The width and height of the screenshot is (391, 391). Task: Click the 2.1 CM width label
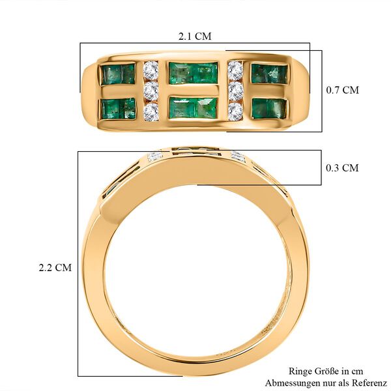(x=195, y=36)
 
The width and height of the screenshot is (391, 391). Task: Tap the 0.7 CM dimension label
(x=342, y=90)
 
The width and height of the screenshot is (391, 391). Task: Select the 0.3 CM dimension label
(x=342, y=168)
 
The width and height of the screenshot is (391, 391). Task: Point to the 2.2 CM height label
(x=55, y=267)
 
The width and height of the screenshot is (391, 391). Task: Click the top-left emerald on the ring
(x=118, y=74)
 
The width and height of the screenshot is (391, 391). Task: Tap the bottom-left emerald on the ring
(x=118, y=108)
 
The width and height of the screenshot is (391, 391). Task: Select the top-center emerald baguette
(x=193, y=73)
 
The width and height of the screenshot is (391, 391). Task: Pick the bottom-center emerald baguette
(x=193, y=108)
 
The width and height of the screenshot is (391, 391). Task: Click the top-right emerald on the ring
(x=268, y=74)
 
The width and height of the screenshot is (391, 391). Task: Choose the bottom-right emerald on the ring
(x=268, y=108)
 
